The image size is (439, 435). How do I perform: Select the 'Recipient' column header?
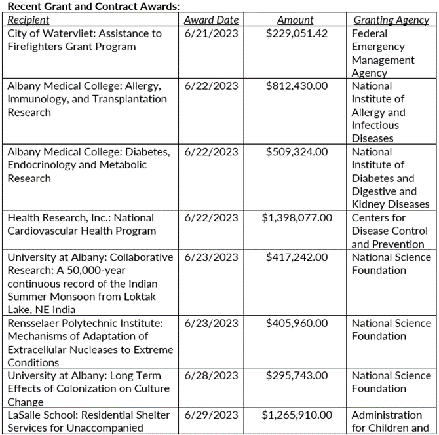pyautogui.click(x=28, y=20)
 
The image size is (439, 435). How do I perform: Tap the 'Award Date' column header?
pyautogui.click(x=211, y=20)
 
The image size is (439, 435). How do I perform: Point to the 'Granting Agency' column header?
pyautogui.click(x=391, y=20)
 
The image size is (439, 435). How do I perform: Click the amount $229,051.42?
pyautogui.click(x=297, y=33)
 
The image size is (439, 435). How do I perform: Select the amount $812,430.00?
pyautogui.click(x=297, y=86)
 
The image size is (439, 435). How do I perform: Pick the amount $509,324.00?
pyautogui.click(x=297, y=152)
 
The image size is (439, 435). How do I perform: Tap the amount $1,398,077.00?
pyautogui.click(x=297, y=217)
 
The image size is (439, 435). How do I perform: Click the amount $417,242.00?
pyautogui.click(x=297, y=257)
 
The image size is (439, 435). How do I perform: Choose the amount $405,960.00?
pyautogui.click(x=297, y=323)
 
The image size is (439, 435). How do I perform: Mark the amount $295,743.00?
pyautogui.click(x=297, y=375)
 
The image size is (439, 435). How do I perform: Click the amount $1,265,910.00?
pyautogui.click(x=297, y=415)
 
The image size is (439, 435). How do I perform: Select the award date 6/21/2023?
pyautogui.click(x=211, y=33)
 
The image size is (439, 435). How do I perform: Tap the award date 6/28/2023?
pyautogui.click(x=211, y=375)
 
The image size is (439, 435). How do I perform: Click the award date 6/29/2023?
pyautogui.click(x=211, y=415)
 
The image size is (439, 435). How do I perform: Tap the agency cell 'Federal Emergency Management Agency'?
pyautogui.click(x=383, y=53)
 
